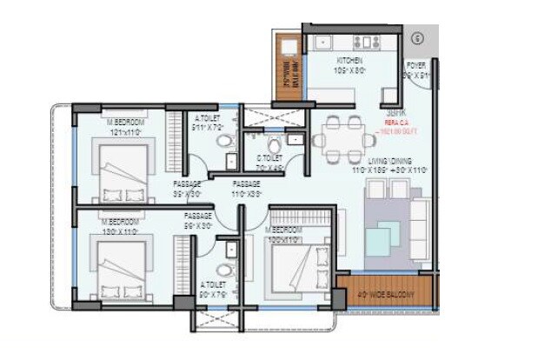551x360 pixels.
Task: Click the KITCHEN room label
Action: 352,60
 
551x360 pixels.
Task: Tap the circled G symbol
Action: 417,38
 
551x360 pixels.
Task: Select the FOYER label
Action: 416,65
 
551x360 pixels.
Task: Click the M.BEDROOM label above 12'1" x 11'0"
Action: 125,123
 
